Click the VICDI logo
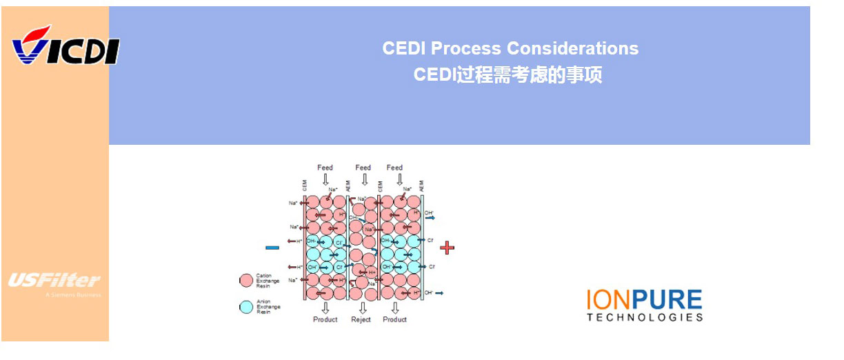(66, 47)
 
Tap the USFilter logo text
(54, 280)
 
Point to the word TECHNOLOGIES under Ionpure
(645, 318)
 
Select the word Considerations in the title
(572, 48)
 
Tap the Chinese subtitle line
(508, 74)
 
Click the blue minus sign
(272, 247)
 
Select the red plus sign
(448, 247)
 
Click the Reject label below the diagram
(361, 319)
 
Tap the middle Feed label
(363, 168)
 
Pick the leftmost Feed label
(325, 168)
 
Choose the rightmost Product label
(395, 319)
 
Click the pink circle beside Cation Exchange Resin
(246, 280)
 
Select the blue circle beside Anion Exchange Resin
(246, 307)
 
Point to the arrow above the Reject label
(361, 308)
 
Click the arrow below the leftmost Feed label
(325, 179)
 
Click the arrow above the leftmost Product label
(325, 308)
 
